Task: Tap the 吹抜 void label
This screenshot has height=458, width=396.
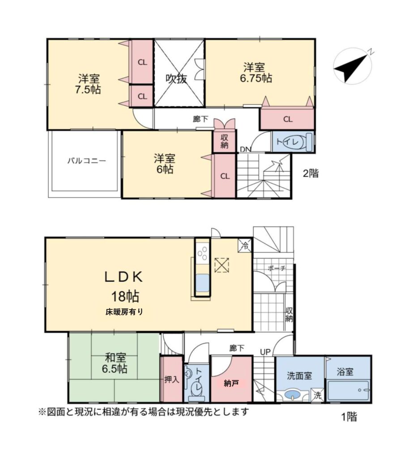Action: pos(176,78)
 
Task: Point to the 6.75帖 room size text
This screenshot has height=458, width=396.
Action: pos(256,78)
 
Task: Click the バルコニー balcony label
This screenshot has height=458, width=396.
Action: pos(87,161)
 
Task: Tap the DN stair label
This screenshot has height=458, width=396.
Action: pos(246,149)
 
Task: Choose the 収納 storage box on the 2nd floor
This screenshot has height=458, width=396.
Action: pos(224,141)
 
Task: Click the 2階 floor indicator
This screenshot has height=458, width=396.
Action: pos(311,173)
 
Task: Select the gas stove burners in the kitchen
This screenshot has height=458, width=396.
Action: pos(203,253)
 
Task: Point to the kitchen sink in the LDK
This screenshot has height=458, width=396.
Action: pos(202,283)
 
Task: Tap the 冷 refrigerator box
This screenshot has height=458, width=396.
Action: pos(245,246)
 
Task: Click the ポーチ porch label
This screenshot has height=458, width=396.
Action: pos(277,268)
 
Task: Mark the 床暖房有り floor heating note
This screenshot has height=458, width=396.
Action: pos(124,312)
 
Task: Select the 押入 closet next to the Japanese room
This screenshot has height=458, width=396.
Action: pos(171,379)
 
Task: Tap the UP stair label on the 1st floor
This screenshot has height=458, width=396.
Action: pos(265,352)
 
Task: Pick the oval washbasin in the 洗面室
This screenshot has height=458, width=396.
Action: pos(292,395)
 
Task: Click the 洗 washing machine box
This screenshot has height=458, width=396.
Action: pos(317,396)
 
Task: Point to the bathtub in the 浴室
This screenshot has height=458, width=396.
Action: pos(348,390)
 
